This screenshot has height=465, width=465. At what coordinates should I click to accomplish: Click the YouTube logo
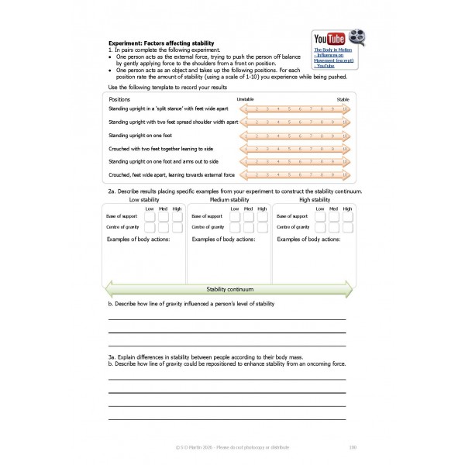(x=329, y=38)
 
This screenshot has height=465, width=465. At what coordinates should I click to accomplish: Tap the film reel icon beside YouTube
(x=356, y=36)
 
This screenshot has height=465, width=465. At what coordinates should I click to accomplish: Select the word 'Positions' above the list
(x=119, y=100)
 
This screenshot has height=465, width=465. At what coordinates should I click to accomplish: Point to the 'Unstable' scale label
(x=245, y=100)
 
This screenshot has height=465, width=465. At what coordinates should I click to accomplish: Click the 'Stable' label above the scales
(x=343, y=100)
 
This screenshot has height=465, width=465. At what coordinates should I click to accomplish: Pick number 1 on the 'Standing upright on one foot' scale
(x=246, y=136)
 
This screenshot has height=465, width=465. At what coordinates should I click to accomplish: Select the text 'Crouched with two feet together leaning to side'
(x=160, y=148)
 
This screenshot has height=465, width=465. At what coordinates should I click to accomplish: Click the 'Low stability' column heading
(x=144, y=199)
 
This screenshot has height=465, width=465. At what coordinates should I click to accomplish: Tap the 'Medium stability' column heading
(x=229, y=199)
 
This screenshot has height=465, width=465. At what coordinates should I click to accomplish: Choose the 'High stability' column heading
(x=314, y=199)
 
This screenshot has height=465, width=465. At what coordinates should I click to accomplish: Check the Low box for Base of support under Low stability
(x=150, y=217)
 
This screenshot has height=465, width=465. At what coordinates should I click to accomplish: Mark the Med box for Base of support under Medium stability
(x=248, y=217)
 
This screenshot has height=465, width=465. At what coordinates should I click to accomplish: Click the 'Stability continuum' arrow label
(x=229, y=290)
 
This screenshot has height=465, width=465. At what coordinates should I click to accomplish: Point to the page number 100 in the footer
(x=353, y=446)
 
